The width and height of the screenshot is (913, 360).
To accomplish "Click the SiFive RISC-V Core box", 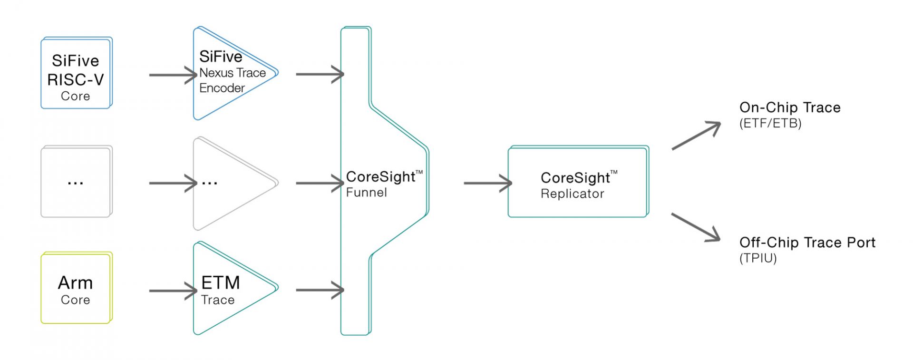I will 76,73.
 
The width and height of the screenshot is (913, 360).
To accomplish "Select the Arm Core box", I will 76,288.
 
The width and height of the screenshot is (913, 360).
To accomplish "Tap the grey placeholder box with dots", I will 76,182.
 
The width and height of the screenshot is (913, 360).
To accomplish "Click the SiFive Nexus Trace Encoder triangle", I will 228,73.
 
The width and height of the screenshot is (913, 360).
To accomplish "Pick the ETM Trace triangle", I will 228,289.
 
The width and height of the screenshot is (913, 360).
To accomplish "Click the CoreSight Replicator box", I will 578,182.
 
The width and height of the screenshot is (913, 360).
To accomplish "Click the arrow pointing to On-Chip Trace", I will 696,136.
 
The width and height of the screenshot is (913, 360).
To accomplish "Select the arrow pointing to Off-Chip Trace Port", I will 696,227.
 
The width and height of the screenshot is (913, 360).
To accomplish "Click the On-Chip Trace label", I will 790,107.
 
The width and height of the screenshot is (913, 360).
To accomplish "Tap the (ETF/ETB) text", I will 770,124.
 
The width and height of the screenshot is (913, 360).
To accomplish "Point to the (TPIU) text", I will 758,258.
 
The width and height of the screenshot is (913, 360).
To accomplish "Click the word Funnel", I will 366,193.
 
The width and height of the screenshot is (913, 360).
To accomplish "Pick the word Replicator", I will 573,194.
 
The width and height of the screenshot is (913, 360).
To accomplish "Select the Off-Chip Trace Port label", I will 807,243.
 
